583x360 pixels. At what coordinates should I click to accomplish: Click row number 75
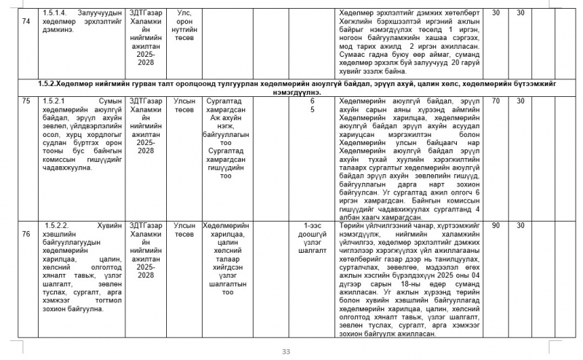coord(26,100)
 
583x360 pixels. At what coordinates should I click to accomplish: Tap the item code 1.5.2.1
coord(55,100)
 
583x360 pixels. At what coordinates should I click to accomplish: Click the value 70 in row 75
coord(496,100)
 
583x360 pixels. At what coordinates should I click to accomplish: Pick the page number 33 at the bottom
coord(286,352)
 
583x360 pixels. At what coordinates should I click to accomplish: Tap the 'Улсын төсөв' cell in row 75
coord(184,104)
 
